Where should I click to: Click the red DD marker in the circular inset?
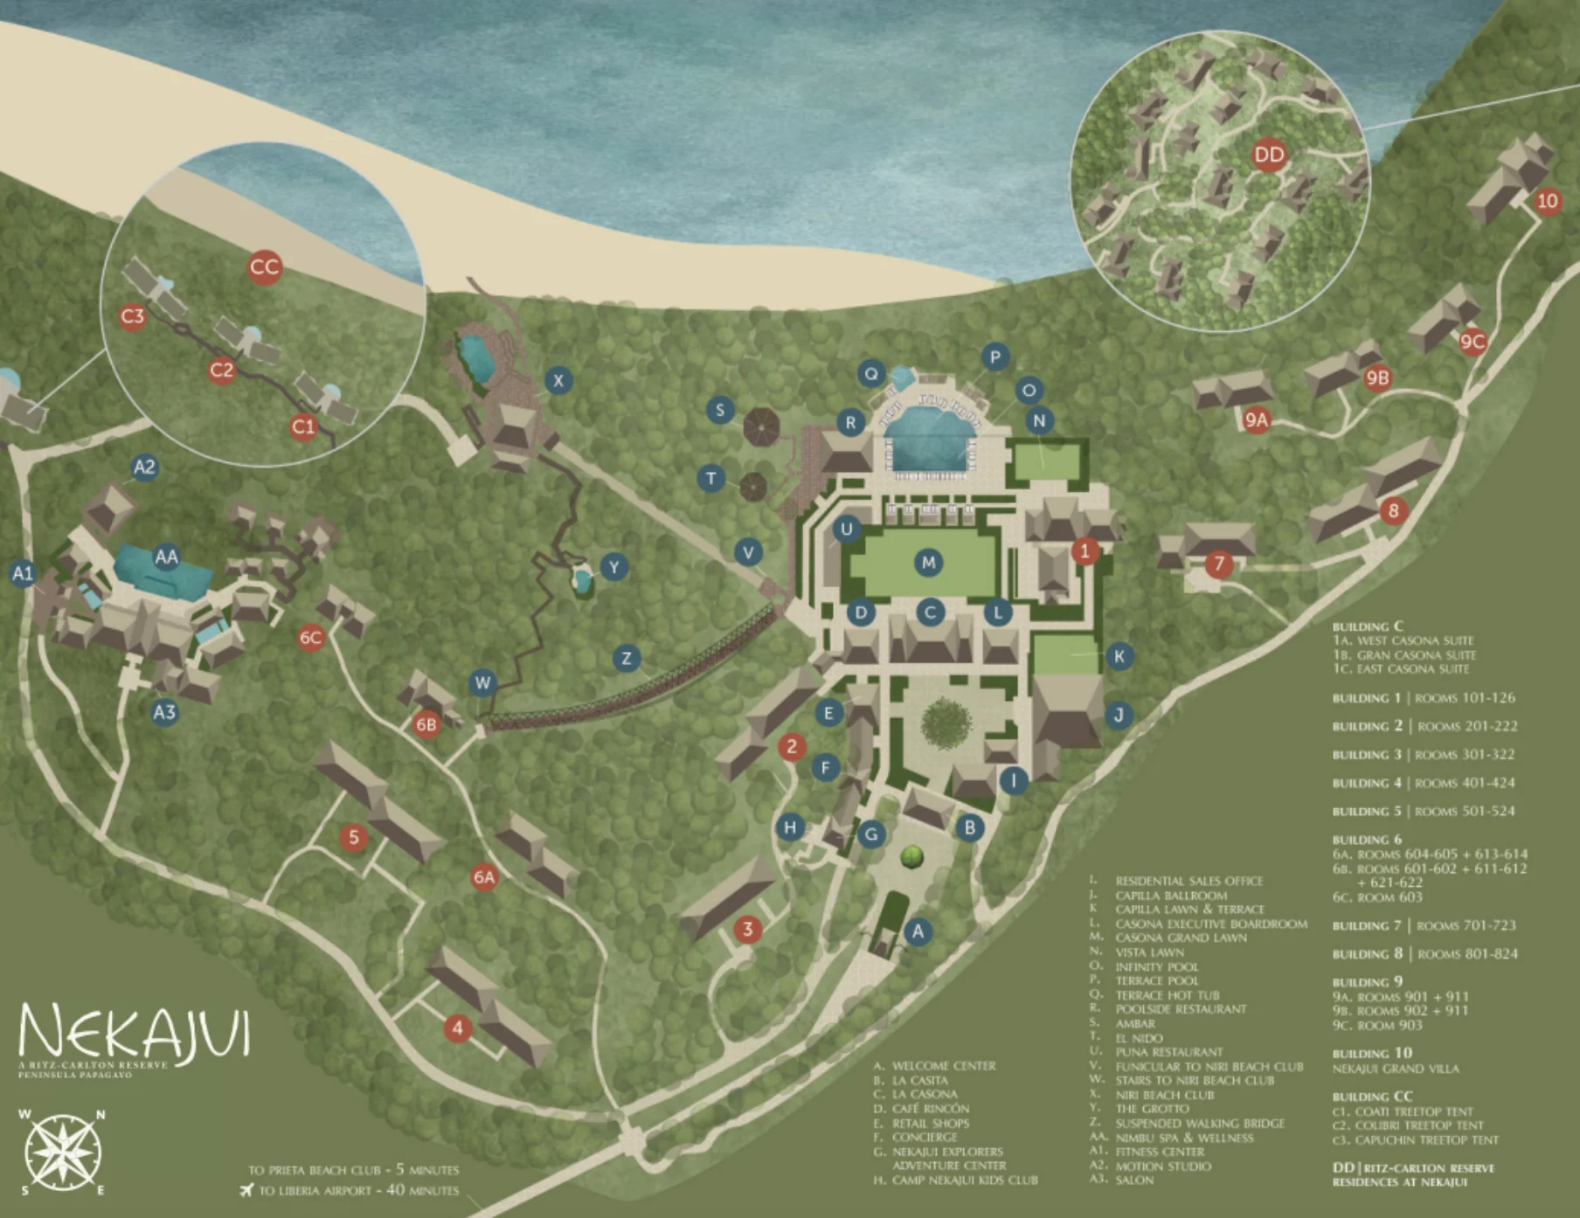(1269, 156)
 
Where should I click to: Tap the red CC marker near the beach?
(264, 266)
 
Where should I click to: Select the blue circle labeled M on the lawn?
(928, 563)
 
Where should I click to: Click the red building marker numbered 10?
(1547, 201)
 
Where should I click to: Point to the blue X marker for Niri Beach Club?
(558, 380)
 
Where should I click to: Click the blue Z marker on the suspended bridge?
(626, 658)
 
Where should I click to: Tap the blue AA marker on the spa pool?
(166, 557)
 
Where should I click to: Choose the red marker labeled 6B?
(426, 724)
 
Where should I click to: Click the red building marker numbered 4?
(457, 1028)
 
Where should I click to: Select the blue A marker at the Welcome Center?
(918, 931)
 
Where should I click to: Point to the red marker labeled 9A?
(1256, 420)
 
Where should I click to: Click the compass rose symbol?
(62, 1153)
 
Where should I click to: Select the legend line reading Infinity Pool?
(1155, 966)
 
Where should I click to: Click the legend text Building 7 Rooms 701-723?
(1424, 925)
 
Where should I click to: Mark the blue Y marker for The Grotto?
(614, 567)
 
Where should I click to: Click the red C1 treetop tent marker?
(303, 427)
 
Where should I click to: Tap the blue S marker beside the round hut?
(720, 410)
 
